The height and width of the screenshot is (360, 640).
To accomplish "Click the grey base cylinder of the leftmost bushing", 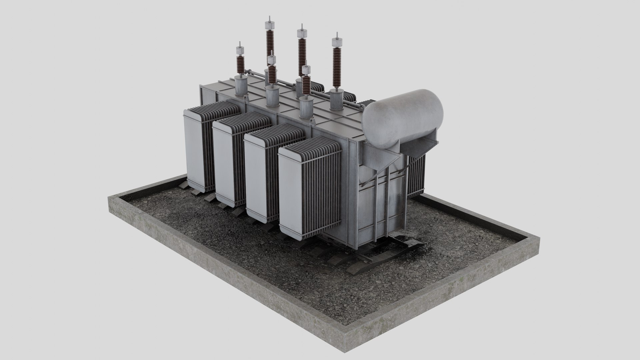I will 241,86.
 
